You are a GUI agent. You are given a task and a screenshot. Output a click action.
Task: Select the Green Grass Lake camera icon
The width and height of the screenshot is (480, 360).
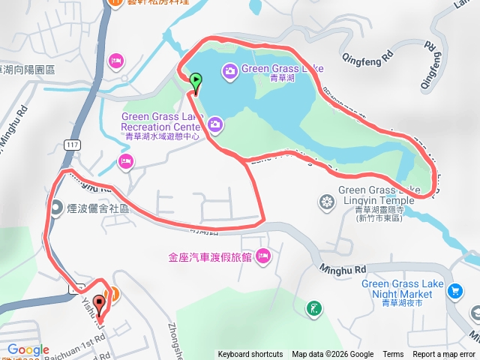(x=229, y=70)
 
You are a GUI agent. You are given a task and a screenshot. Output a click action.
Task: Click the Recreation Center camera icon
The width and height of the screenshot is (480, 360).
(x=216, y=123)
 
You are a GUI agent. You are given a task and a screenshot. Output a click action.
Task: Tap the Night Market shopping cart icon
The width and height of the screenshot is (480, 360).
(x=454, y=290)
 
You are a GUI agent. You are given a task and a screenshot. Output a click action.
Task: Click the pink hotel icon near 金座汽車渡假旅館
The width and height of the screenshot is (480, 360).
(x=262, y=257)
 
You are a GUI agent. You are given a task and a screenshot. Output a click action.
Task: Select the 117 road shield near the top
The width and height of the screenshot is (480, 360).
(x=72, y=143)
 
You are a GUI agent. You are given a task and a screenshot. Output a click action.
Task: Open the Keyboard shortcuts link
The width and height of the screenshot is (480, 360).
(x=250, y=355)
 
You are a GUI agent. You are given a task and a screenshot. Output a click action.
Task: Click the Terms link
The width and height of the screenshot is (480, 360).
(x=393, y=355)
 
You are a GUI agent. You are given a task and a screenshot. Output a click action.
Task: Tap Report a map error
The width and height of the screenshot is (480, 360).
(x=444, y=355)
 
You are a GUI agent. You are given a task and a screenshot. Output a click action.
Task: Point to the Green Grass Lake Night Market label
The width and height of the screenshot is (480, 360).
(x=397, y=289)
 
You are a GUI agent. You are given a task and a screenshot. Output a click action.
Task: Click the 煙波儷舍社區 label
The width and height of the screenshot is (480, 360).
(x=96, y=208)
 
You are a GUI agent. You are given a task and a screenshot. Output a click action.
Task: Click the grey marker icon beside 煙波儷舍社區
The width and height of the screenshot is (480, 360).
(x=57, y=208)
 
